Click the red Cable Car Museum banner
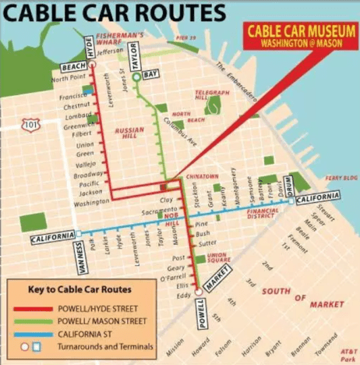(295, 36)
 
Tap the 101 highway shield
(31, 124)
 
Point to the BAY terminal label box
(151, 73)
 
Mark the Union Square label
(216, 257)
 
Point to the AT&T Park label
(347, 355)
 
